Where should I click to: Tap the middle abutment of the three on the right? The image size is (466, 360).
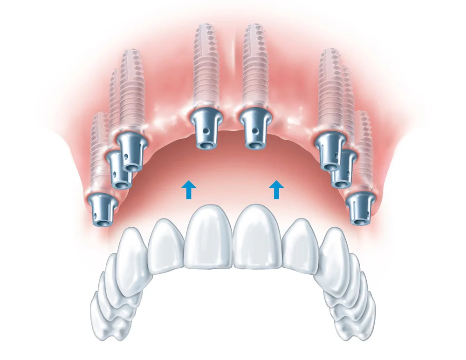(343, 169)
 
